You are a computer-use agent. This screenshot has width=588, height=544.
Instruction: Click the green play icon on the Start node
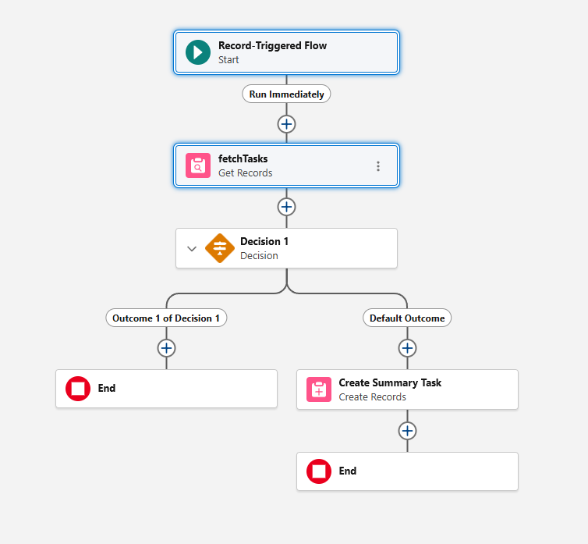click(198, 52)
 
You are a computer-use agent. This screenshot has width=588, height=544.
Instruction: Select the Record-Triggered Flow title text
click(272, 46)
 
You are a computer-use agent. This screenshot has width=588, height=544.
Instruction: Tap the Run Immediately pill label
click(286, 94)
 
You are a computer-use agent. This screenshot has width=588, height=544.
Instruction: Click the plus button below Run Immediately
click(286, 123)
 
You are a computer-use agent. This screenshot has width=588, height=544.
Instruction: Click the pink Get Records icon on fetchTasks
click(198, 165)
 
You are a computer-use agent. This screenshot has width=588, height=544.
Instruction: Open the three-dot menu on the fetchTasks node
click(378, 166)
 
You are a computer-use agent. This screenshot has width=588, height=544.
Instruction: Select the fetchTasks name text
click(243, 159)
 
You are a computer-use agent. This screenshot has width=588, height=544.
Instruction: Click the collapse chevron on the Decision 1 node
click(192, 249)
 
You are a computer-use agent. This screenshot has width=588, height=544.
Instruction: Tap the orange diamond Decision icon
click(220, 248)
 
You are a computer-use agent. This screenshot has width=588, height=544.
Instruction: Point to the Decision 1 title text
click(264, 242)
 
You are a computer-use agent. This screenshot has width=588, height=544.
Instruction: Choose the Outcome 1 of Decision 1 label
click(166, 318)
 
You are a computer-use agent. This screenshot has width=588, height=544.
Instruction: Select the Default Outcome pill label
click(407, 318)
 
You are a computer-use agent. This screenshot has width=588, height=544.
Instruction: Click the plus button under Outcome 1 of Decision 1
click(166, 348)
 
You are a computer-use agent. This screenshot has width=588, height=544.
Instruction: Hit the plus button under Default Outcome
click(407, 348)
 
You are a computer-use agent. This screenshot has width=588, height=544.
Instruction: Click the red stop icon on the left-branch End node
click(78, 389)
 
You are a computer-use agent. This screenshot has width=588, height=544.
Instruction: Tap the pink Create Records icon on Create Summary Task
click(319, 389)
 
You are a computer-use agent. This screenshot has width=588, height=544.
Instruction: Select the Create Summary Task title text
click(390, 383)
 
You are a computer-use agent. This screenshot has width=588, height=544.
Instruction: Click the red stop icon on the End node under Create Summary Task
click(319, 471)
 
